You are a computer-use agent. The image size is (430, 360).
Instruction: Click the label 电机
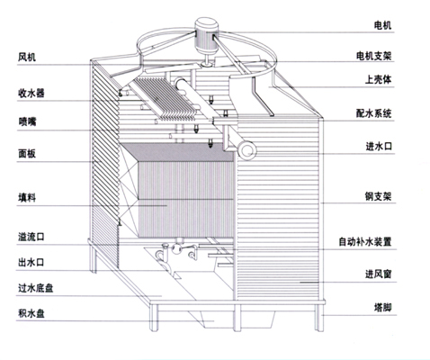click(382, 25)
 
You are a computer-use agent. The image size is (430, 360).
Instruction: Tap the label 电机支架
click(374, 56)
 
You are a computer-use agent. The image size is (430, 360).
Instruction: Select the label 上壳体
click(378, 79)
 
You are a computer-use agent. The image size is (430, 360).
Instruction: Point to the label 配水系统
click(374, 113)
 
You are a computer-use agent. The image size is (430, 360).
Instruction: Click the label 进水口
click(379, 147)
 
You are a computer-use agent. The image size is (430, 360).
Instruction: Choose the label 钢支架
click(378, 196)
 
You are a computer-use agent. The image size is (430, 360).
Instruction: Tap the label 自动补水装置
click(365, 241)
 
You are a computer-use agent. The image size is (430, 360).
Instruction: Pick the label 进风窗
click(379, 274)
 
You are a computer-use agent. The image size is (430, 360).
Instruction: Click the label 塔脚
click(382, 307)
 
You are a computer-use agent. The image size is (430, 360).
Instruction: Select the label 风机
click(27, 57)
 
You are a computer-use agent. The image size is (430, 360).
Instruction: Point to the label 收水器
click(31, 93)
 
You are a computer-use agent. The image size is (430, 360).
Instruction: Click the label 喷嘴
click(27, 121)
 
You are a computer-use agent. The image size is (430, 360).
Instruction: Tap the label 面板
click(27, 154)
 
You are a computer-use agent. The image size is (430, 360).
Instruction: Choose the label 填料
click(27, 198)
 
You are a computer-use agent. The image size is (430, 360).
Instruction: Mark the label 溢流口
click(31, 237)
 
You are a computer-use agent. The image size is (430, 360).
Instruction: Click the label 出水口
click(31, 263)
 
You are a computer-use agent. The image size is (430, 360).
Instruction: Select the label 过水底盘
click(36, 288)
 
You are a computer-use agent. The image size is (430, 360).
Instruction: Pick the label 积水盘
click(31, 314)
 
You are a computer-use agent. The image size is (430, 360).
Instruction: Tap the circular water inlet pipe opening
click(247, 150)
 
